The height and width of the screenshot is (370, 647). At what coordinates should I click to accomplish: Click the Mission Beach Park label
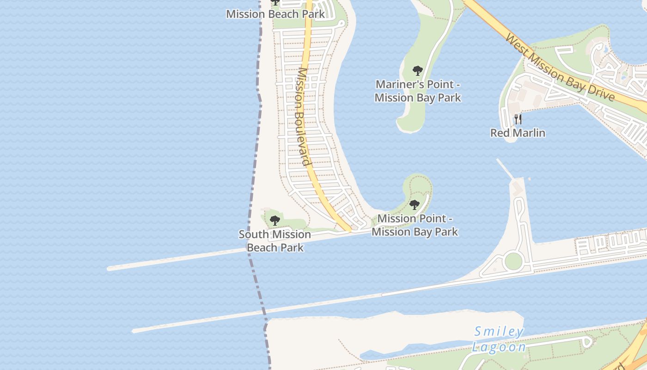pos(275,14)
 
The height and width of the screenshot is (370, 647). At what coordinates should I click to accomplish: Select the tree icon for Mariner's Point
pos(418,71)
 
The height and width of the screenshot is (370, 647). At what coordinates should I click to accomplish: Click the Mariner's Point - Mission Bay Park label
pos(418,91)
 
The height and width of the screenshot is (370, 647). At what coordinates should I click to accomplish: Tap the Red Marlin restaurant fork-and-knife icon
pos(518,119)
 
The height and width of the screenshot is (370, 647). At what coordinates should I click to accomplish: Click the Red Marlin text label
pos(518,133)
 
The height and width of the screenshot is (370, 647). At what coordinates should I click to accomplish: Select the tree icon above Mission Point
pos(415,204)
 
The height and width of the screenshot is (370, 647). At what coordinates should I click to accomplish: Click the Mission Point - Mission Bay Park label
pos(415,225)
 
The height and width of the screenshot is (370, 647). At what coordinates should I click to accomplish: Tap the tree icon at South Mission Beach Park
pos(275,220)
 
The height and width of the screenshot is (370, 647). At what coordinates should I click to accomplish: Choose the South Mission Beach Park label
pos(275,241)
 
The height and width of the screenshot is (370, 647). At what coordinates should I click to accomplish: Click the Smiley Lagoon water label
pos(499,339)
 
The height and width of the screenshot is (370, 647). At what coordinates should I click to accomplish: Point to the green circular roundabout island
pos(513,261)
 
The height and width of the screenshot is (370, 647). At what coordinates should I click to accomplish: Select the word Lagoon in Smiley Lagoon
pos(499,347)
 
